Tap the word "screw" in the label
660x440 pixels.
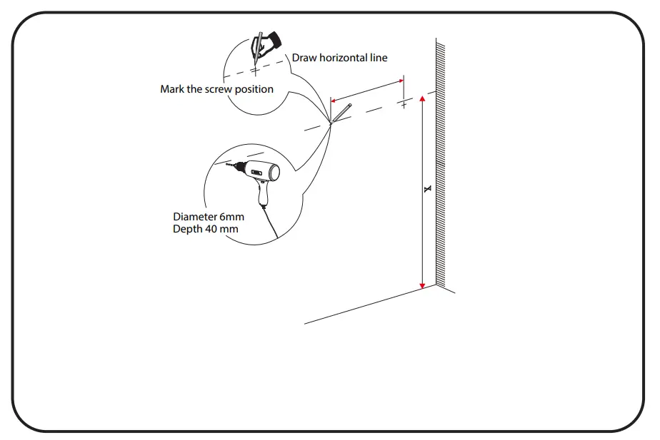point(218,89)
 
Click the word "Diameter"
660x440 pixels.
point(195,217)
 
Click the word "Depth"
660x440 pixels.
point(186,229)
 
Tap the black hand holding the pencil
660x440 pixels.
point(269,44)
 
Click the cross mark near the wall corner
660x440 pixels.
point(404,105)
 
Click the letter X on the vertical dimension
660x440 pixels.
point(427,189)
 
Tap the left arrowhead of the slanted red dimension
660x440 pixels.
point(334,102)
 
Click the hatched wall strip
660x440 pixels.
point(441,164)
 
